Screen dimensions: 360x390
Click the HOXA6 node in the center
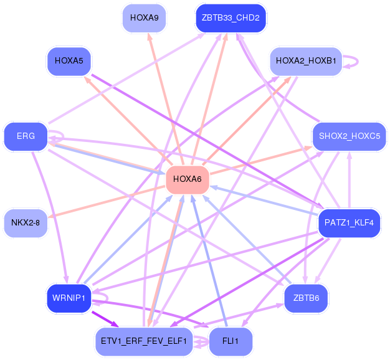tap(188, 179)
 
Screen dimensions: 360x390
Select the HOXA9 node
tap(144, 17)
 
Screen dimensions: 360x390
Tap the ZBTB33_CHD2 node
tap(231, 17)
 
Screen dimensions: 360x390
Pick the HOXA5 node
tap(69, 61)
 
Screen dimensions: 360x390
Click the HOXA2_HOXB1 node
tap(305, 61)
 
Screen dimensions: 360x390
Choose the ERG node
tap(26, 136)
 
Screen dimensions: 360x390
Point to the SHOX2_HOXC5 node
tap(349, 136)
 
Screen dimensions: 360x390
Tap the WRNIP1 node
tap(69, 298)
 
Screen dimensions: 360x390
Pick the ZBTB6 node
tap(305, 298)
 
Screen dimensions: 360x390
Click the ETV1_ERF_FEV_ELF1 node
tap(144, 341)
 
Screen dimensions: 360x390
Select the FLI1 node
tap(231, 341)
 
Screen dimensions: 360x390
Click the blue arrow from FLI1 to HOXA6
tap(211, 268)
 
